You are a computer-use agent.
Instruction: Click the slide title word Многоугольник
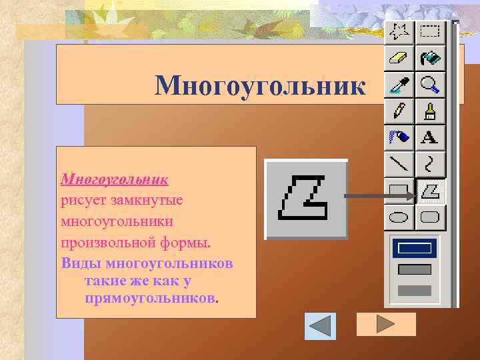point(260,85)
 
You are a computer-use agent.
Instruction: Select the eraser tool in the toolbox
point(399,58)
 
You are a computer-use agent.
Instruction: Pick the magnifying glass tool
point(431,84)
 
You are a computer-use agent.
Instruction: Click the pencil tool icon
point(399,111)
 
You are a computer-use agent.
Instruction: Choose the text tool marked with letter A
point(431,137)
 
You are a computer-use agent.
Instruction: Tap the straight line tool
point(399,164)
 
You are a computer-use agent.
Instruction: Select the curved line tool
point(431,164)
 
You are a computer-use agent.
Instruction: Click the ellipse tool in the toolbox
point(399,217)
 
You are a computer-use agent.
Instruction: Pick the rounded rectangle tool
point(431,217)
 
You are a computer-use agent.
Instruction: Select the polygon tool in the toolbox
point(431,191)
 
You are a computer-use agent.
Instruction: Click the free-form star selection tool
point(399,32)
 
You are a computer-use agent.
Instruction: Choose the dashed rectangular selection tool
point(431,32)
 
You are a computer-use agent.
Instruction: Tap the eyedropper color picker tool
point(399,84)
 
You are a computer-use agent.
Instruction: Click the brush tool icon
point(431,111)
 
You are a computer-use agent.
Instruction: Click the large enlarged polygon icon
point(306,199)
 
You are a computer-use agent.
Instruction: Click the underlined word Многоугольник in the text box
point(114,179)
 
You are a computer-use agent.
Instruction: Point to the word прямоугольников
point(150,296)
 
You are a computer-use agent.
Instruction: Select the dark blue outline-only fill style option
point(415,249)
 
